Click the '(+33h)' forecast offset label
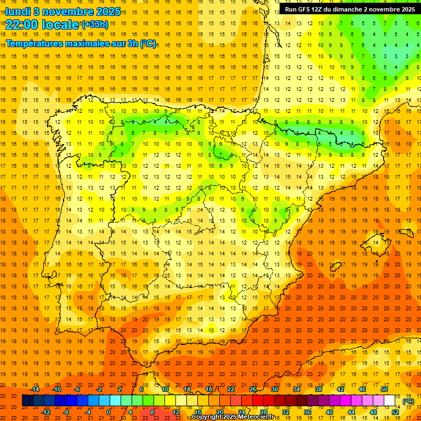[x=95, y=25]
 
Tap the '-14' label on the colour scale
[x=35, y=389]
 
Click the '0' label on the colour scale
[x=109, y=412]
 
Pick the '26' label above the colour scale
[x=253, y=389]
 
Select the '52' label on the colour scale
[x=395, y=412]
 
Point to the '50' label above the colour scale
[x=384, y=389]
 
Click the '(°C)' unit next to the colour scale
[x=408, y=401]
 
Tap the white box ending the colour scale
[x=390, y=401]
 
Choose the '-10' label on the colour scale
[x=56, y=389]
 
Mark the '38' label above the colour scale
[x=318, y=389]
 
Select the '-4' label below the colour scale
[x=87, y=412]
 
